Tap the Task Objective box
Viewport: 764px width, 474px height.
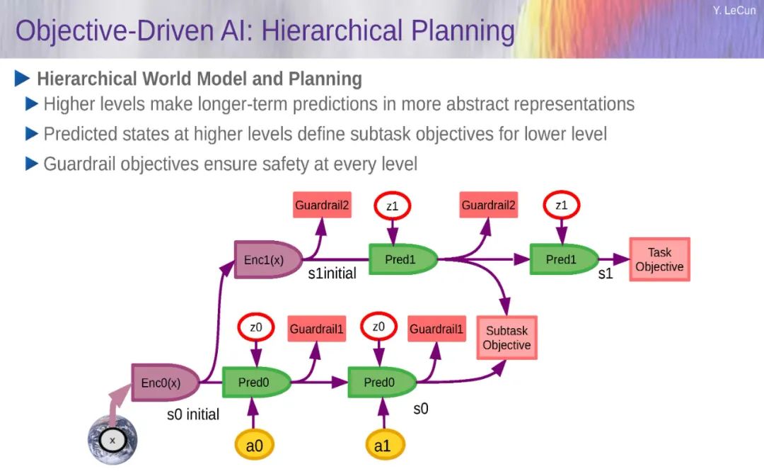(x=659, y=259)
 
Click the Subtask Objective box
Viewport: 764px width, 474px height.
(x=507, y=338)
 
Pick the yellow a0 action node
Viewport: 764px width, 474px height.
(x=255, y=445)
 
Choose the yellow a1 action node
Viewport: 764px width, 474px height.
(x=383, y=445)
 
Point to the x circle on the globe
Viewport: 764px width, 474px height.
(x=112, y=440)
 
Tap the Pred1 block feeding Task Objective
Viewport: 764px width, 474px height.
(x=564, y=259)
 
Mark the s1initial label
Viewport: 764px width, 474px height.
(x=332, y=273)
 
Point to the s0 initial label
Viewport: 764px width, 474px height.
(x=193, y=414)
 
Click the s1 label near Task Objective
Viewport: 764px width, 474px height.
(x=605, y=274)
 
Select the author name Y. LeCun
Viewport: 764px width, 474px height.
(x=734, y=10)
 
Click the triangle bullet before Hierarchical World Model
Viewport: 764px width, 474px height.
(x=23, y=79)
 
